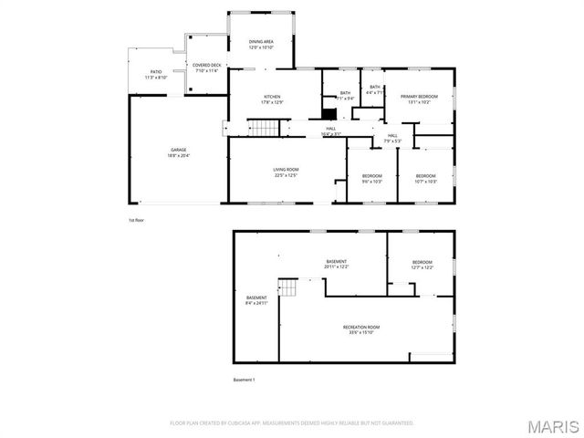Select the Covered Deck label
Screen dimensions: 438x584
point(206,68)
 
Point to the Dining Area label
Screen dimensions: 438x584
point(262,43)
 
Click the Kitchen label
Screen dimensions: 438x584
point(272,99)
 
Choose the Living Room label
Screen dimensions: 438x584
point(286,172)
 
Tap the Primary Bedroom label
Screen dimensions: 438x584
point(419,99)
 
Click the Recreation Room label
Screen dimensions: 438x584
point(361,329)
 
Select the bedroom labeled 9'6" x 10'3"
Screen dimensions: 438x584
point(371,178)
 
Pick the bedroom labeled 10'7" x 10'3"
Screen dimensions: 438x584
point(426,178)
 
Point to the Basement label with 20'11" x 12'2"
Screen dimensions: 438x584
point(336,264)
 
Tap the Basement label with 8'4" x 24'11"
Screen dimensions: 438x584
point(256,300)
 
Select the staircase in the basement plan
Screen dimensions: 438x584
point(289,289)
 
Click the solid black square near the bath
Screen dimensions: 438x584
point(328,114)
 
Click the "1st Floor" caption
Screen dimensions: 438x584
point(136,220)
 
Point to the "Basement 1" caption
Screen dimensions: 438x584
point(244,380)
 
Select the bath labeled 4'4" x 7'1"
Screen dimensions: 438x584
point(374,89)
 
